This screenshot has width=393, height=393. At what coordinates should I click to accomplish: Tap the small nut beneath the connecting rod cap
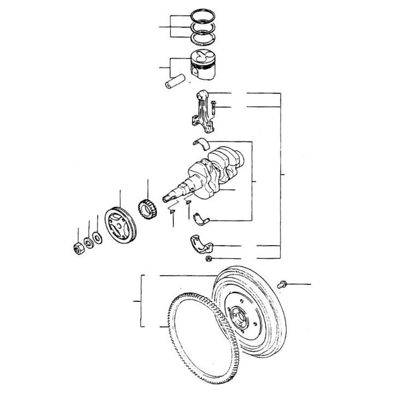(209, 259)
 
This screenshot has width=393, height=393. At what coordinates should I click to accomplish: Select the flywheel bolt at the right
(283, 284)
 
